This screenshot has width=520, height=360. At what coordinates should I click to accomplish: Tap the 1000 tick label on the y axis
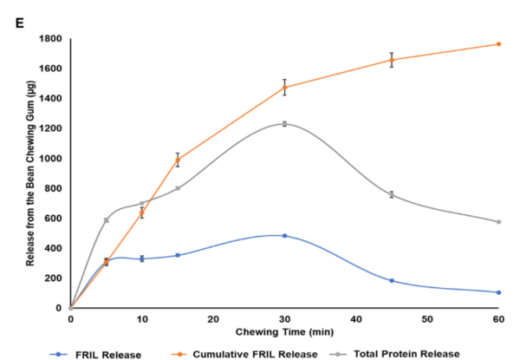pos(51,159)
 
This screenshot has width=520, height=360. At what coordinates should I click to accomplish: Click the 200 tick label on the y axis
pos(54,278)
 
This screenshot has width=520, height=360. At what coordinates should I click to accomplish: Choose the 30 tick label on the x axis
pos(284,319)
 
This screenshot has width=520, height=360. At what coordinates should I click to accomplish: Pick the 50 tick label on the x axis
pos(427,319)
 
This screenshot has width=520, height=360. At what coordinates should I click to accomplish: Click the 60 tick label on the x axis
pos(498,319)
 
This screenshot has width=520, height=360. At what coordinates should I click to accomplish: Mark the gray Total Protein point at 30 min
pos(284,124)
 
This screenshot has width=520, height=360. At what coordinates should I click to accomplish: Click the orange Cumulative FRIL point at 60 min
pos(498,44)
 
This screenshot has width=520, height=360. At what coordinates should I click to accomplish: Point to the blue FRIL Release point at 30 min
pos(284,236)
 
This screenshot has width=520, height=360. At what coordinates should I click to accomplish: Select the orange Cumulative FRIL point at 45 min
pos(392,60)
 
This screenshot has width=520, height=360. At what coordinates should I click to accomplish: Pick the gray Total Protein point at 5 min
pos(106,220)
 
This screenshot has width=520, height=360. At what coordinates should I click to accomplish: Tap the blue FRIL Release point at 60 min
pos(498,292)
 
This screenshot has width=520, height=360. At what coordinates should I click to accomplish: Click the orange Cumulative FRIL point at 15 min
pos(178,160)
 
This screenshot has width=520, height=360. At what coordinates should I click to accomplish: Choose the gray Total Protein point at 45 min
pos(392,194)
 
